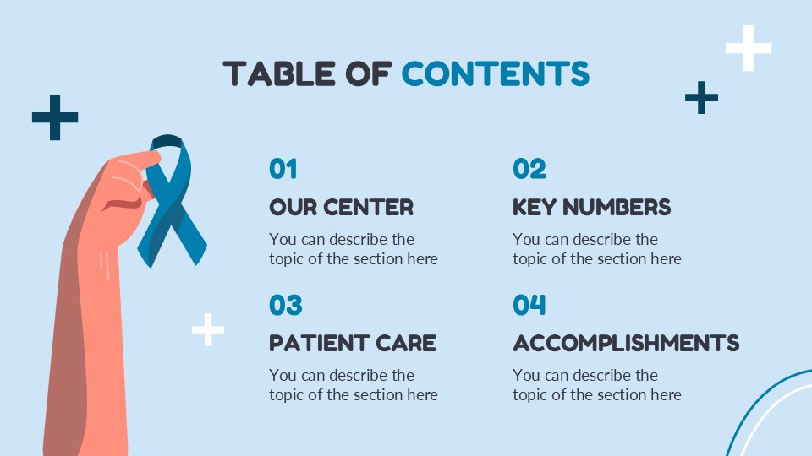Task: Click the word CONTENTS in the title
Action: [x=495, y=74]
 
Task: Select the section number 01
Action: [x=283, y=170]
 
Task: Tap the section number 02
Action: [x=529, y=170]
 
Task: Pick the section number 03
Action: [x=285, y=305]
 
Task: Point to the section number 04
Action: [x=529, y=305]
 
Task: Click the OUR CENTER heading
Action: [x=341, y=207]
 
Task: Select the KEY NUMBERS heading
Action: [x=591, y=207]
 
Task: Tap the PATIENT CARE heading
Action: [x=353, y=343]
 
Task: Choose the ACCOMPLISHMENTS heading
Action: [x=626, y=343]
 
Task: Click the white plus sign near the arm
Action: [x=208, y=329]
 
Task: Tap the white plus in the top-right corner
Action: [x=749, y=48]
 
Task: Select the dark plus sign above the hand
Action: [x=55, y=117]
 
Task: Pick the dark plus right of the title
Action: [x=701, y=98]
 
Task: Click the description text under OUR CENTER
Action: [x=354, y=249]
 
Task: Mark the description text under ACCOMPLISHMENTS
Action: [x=596, y=385]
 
